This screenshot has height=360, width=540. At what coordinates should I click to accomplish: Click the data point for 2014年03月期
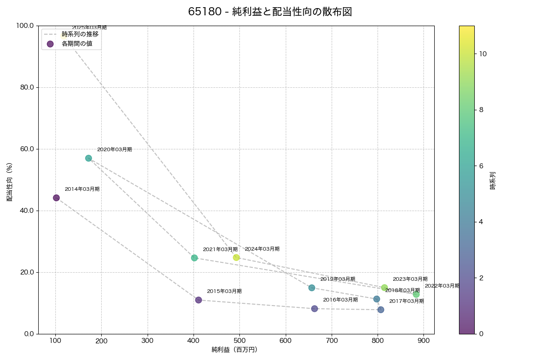[56, 198]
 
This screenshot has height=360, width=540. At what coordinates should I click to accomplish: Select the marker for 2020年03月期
[89, 158]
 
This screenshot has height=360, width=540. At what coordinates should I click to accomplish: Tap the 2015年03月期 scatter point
[198, 300]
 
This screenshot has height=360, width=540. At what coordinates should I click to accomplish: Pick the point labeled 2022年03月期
[416, 294]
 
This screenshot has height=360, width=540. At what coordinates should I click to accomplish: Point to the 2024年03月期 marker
[236, 257]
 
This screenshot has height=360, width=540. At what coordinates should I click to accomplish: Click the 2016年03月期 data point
[315, 309]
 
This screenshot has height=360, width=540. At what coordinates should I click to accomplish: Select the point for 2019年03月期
[312, 288]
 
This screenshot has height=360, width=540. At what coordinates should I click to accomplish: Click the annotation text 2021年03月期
[220, 249]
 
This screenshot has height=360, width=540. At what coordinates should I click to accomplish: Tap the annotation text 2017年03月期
[406, 301]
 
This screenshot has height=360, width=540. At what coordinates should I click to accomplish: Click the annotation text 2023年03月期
[410, 279]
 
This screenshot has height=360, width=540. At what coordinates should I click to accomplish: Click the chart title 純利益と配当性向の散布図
[270, 12]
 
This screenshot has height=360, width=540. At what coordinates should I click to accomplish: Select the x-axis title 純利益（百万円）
[234, 350]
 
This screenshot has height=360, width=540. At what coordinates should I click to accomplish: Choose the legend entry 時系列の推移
[80, 34]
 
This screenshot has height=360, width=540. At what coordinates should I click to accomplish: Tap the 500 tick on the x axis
[240, 341]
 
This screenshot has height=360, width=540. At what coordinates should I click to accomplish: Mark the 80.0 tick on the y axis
[27, 87]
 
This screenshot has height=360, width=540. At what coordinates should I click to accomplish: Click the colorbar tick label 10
[483, 54]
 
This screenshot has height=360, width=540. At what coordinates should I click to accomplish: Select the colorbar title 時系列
[493, 180]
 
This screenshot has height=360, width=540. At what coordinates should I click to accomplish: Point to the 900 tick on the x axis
[423, 341]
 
